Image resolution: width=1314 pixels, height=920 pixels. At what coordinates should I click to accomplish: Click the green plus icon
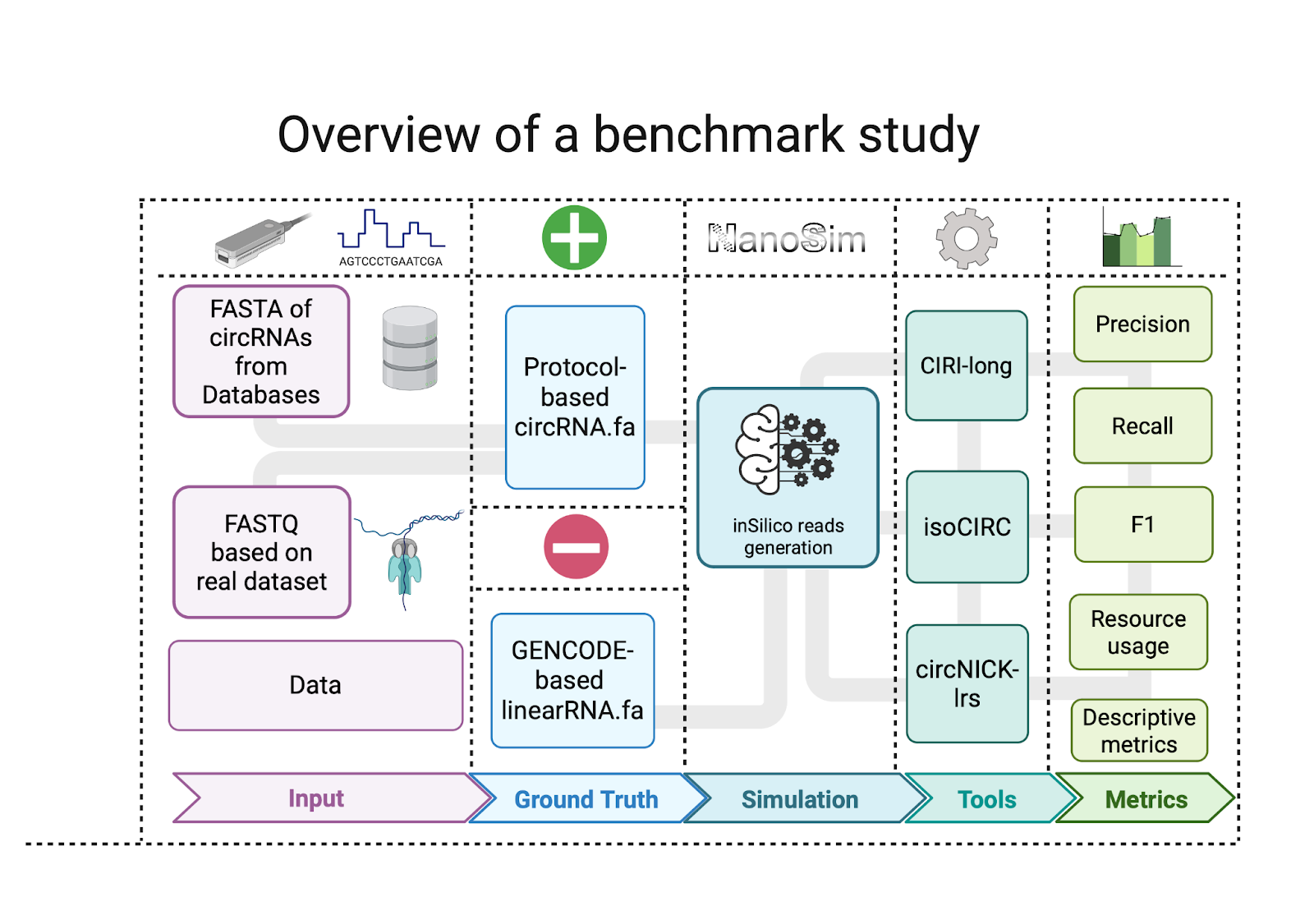(574, 238)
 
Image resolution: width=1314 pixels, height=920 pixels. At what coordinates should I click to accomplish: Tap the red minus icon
(576, 547)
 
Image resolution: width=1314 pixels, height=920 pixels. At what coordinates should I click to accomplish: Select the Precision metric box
(1142, 324)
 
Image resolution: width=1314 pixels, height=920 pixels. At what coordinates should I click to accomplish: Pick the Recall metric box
(1142, 426)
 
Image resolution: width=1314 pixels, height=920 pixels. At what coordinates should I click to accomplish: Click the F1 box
(1143, 525)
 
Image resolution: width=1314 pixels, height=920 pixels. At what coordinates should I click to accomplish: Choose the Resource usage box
(1138, 632)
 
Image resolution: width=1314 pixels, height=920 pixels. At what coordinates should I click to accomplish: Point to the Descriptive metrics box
(1139, 731)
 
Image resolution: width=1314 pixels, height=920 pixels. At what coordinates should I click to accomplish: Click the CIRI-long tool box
(967, 366)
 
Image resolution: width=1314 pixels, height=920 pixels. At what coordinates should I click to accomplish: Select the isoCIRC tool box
(967, 527)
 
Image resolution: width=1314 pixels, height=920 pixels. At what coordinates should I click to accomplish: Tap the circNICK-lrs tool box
(967, 683)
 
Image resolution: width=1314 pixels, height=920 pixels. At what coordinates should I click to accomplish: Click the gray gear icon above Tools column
(967, 239)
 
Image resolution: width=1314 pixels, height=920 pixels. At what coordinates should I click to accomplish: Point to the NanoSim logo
(787, 239)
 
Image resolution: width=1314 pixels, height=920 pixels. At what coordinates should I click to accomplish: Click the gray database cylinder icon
(410, 348)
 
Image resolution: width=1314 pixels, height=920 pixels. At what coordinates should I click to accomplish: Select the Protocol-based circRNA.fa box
(575, 398)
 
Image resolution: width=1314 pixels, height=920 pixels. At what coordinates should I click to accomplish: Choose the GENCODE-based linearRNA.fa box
(572, 681)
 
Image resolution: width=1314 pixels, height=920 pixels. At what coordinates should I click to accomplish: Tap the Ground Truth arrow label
(586, 799)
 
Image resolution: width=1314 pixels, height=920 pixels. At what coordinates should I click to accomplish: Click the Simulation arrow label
(800, 799)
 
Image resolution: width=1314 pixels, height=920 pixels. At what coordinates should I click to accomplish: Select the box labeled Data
(315, 686)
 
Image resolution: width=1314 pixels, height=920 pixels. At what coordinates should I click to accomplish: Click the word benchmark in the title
(719, 135)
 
